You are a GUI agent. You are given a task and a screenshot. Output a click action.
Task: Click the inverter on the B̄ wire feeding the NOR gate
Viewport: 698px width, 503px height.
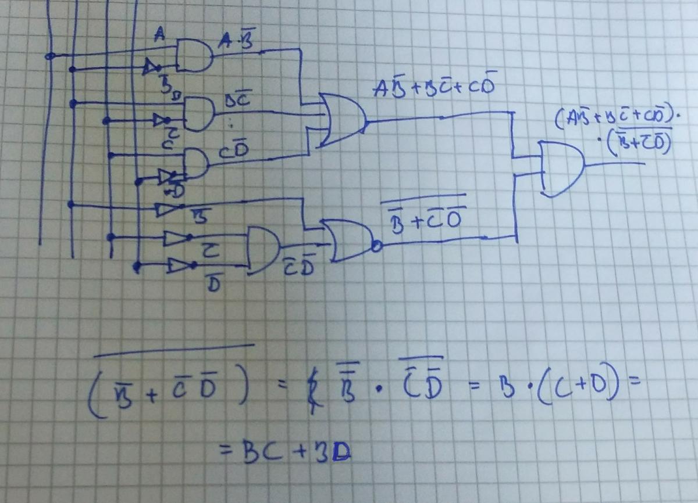163,209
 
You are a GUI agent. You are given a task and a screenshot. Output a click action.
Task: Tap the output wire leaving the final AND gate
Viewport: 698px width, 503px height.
617,164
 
